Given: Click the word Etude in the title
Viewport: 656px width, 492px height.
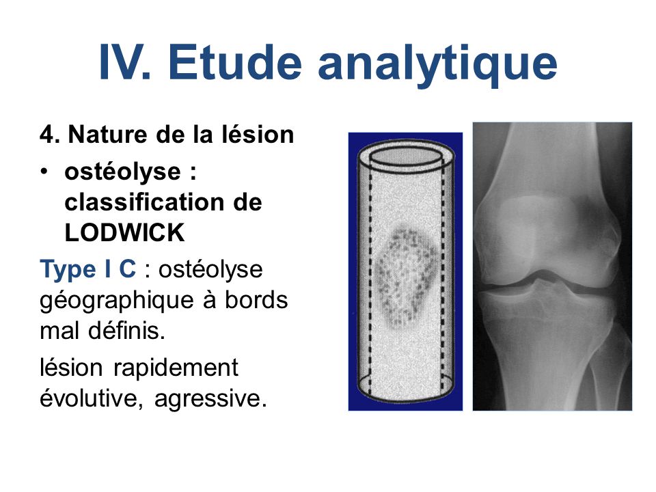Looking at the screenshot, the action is coord(234,62).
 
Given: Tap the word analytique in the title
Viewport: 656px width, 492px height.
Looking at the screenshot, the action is coord(437,66).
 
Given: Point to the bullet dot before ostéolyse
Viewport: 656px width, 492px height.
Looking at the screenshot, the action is coord(44,172).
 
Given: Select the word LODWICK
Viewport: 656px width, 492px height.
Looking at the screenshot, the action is coord(124,232).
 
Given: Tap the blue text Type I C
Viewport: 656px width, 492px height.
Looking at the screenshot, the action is coord(88,269).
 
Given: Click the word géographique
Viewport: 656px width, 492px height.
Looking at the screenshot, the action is coord(117,301).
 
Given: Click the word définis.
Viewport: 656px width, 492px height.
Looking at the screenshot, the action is coord(127,331).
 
